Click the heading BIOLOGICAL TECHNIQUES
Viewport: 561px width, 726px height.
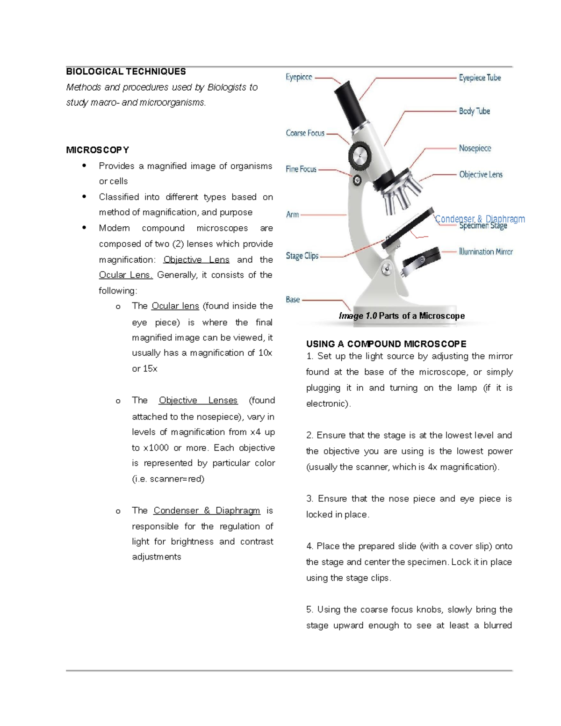(x=126, y=72)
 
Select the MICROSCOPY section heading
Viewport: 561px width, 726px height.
(x=97, y=150)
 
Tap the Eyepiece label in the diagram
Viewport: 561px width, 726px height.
(x=299, y=77)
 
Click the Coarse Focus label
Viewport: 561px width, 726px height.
(x=305, y=133)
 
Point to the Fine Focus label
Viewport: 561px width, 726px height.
(x=301, y=169)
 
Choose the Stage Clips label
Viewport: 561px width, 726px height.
(x=302, y=256)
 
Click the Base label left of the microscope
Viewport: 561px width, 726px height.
(x=293, y=300)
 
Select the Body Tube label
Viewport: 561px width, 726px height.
(x=474, y=111)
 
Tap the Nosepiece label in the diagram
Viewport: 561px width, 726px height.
(x=475, y=148)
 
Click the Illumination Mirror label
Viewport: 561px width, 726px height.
(x=485, y=252)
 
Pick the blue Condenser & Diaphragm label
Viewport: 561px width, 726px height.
(x=480, y=218)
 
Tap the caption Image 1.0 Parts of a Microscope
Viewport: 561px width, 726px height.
(x=402, y=316)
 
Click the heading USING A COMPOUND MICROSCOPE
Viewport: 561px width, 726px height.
(x=386, y=344)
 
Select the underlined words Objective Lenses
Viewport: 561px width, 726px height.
(x=198, y=401)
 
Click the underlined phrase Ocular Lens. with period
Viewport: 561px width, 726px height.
(x=126, y=275)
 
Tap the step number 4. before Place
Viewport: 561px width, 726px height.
(x=309, y=546)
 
